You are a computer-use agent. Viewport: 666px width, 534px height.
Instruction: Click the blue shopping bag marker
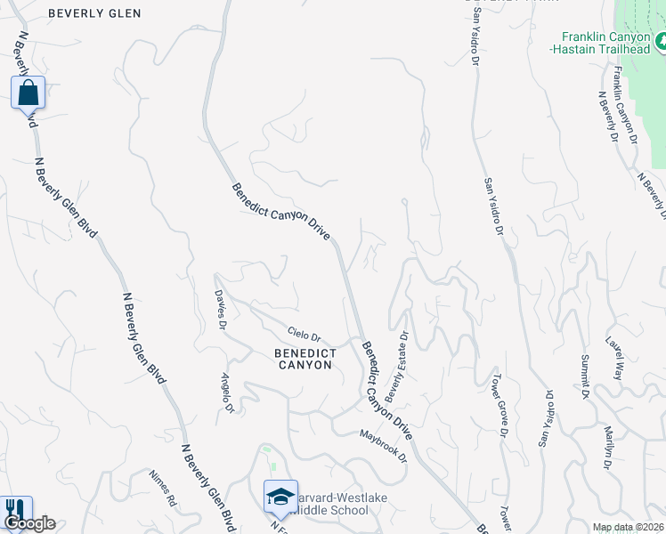pos(28,92)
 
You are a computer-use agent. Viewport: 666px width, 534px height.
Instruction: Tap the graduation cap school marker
pos(280,497)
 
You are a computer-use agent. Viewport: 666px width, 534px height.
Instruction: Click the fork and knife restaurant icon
pos(15,509)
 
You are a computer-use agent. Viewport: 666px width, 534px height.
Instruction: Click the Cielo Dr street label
pos(304,335)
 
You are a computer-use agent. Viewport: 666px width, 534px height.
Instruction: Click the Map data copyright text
pos(628,527)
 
